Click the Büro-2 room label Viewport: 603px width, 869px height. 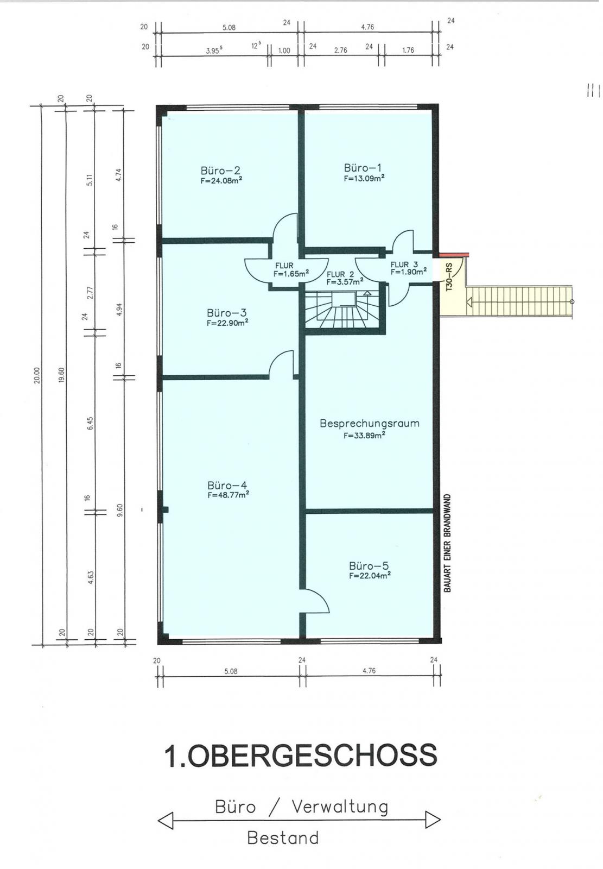[221, 171]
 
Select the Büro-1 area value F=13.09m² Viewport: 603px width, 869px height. [364, 178]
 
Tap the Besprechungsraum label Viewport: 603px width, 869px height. [369, 423]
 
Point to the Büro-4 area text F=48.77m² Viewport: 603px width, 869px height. [228, 495]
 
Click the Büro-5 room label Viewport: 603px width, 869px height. [369, 565]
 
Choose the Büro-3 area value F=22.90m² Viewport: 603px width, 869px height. [227, 323]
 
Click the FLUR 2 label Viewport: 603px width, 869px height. [340, 274]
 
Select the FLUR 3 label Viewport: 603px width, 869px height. [404, 265]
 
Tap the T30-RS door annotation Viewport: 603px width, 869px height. [449, 277]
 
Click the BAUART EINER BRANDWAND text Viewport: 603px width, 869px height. [447, 543]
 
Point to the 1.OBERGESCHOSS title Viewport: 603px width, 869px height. [301, 755]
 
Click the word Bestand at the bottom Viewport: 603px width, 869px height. [283, 837]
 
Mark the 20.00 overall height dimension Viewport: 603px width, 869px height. [37, 375]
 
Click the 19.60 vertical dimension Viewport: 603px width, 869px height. [61, 375]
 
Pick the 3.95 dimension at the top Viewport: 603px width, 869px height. [214, 51]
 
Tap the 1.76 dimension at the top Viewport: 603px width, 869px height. [408, 50]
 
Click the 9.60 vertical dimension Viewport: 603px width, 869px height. [119, 510]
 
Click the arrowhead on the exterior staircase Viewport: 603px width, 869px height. [469, 301]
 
